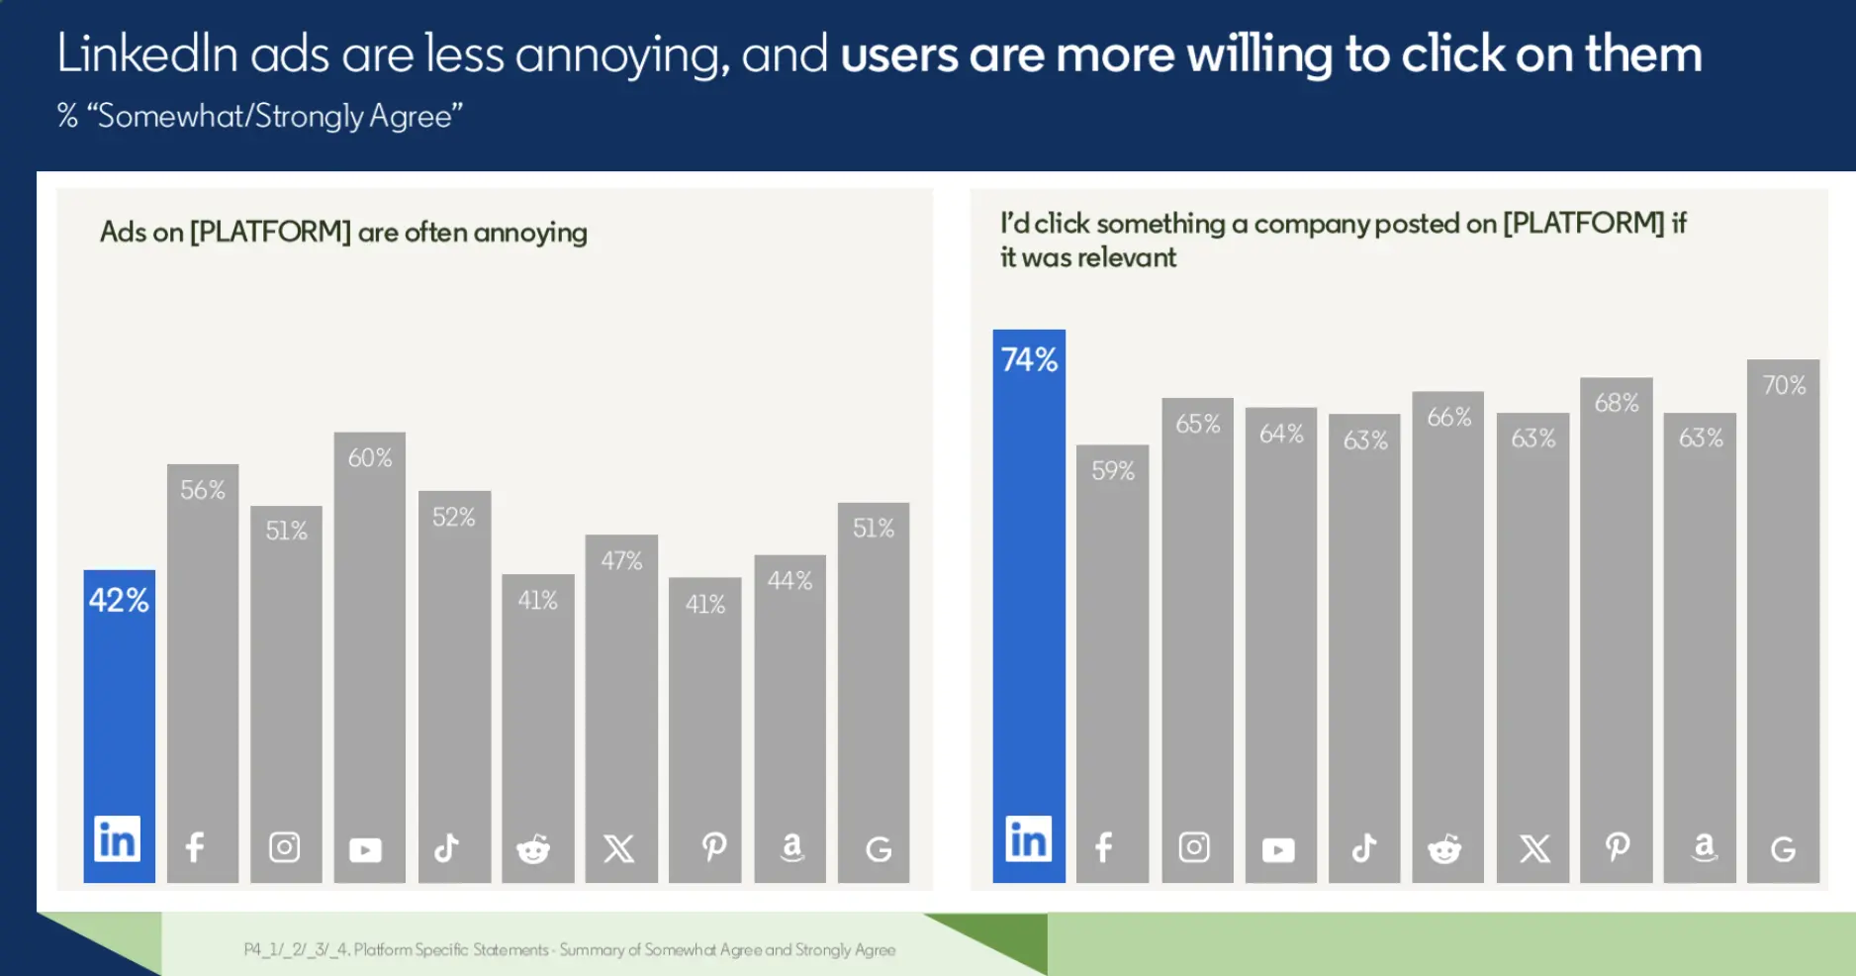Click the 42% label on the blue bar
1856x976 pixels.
point(119,600)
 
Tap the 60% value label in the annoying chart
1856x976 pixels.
point(370,458)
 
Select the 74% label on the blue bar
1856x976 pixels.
point(1029,359)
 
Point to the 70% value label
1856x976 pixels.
point(1784,385)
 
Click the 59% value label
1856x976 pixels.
point(1113,470)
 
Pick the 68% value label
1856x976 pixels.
point(1617,403)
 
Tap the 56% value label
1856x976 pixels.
point(203,490)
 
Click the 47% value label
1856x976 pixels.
point(621,561)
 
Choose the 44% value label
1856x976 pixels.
point(789,581)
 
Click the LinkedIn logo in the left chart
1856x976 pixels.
point(118,839)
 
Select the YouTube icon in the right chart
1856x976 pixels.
point(1278,849)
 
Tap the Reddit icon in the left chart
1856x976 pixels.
point(533,848)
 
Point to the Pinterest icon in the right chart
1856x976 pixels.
point(1618,846)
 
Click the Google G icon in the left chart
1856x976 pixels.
point(879,849)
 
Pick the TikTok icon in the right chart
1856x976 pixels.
point(1364,847)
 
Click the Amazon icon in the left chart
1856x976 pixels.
point(791,847)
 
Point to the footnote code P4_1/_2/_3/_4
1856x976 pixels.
point(296,950)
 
